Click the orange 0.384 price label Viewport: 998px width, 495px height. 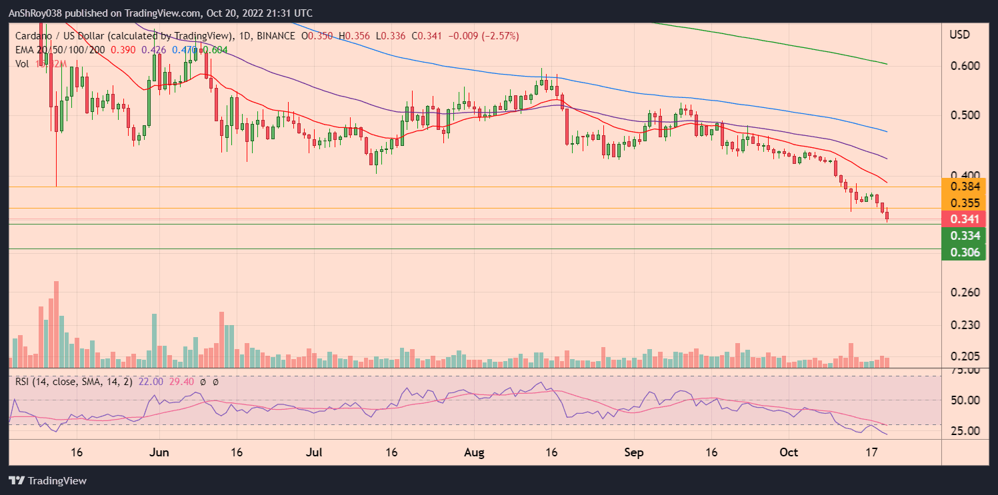point(963,187)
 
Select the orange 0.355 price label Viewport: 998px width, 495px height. point(963,203)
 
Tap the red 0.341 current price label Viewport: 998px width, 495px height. point(963,219)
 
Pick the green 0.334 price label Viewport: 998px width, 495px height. point(963,235)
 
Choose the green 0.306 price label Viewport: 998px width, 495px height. point(963,252)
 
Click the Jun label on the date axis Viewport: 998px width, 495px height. point(159,452)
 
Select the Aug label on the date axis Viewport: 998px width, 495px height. point(473,452)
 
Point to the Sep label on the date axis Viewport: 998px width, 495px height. point(634,452)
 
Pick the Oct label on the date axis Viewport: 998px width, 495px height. point(789,452)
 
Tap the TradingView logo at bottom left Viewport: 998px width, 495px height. point(47,480)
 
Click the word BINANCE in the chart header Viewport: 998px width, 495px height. point(275,35)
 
